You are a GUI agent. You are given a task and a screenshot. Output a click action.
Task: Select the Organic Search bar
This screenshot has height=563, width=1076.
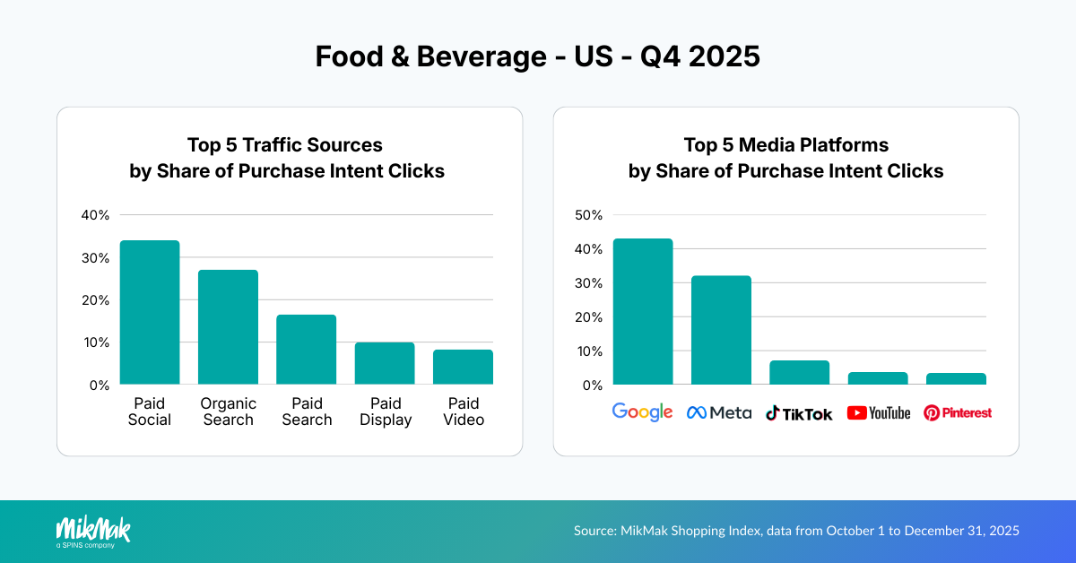228,327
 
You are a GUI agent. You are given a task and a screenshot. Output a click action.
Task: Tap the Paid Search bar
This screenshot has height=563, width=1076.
306,350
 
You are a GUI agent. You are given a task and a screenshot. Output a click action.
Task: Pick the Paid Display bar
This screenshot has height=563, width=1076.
385,363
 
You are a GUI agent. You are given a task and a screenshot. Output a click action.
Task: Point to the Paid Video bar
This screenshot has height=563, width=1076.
463,367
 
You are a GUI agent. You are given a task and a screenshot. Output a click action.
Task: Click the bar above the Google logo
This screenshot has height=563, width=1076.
643,311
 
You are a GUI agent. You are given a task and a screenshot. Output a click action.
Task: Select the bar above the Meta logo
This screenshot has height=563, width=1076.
721,330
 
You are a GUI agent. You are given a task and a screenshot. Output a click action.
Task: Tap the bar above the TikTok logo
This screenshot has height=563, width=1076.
799,372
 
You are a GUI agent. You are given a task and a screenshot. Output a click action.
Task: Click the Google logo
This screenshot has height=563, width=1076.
642,411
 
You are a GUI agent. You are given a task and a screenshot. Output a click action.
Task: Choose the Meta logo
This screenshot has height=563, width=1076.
719,412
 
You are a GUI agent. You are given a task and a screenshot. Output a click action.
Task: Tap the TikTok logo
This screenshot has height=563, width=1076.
799,412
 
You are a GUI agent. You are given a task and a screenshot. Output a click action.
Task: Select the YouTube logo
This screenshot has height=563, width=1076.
878,412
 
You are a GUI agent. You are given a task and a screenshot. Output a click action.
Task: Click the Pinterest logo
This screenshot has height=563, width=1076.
958,412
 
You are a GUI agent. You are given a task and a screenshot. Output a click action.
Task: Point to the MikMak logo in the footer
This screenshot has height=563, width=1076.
93,531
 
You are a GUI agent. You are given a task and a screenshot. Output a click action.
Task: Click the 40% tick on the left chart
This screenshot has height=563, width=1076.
95,215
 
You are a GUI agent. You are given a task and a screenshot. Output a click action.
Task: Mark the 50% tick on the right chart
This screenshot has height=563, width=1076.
589,215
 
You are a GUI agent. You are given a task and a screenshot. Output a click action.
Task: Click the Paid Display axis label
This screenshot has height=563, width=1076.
385,411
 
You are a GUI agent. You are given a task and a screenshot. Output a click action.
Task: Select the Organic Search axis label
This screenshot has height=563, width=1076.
228,411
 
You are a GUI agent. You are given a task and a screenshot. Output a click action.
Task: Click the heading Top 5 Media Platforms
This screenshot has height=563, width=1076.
785,144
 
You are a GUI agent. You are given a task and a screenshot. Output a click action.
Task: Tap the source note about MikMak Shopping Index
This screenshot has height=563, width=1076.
796,531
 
